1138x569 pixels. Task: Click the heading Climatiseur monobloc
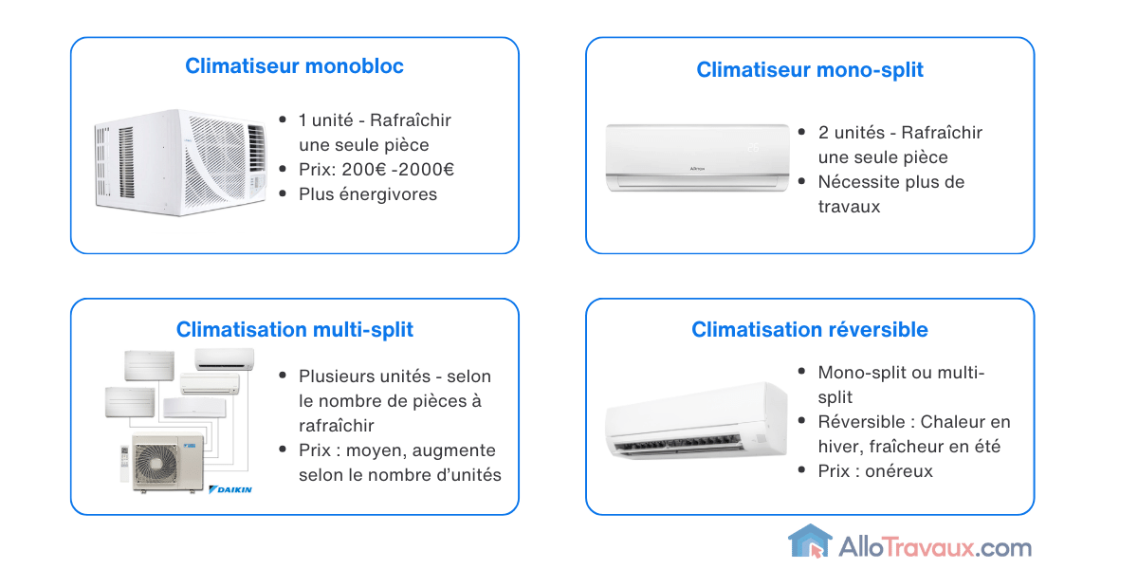click(x=294, y=66)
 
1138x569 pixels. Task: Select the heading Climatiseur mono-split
click(x=809, y=70)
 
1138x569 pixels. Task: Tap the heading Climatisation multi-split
click(x=294, y=330)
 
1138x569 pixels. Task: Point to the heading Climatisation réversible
click(x=809, y=330)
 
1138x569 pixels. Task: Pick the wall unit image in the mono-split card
click(x=697, y=157)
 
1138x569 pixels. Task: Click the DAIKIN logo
click(x=230, y=489)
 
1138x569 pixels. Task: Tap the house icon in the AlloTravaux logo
click(x=809, y=542)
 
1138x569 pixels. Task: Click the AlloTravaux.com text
click(x=935, y=547)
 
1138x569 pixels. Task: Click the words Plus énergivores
click(x=368, y=194)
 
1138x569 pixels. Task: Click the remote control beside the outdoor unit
click(x=122, y=459)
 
